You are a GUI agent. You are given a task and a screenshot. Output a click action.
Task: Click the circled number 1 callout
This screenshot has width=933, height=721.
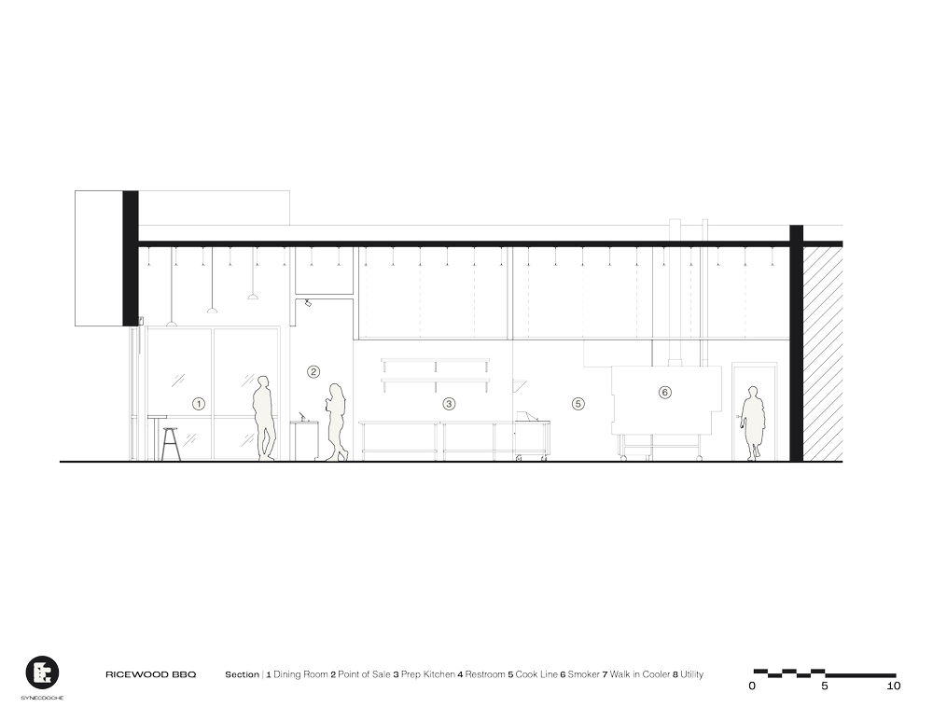(198, 404)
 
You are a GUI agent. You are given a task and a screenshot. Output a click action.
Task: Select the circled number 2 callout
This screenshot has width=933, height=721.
(313, 372)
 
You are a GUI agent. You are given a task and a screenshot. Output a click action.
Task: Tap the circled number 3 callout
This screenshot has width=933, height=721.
(449, 404)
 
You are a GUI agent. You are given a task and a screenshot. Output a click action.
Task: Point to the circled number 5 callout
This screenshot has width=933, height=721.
(578, 404)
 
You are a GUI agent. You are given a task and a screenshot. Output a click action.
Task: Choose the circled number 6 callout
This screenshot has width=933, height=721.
(663, 393)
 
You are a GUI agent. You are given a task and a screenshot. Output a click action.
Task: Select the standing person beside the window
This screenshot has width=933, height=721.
(264, 418)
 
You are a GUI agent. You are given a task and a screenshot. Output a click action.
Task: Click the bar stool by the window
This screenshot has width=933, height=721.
(171, 439)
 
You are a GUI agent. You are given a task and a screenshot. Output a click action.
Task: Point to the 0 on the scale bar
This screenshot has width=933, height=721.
(752, 686)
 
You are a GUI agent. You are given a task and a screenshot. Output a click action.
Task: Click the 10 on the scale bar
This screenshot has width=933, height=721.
(894, 686)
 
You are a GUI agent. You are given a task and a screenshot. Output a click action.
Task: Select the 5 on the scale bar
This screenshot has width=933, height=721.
(824, 686)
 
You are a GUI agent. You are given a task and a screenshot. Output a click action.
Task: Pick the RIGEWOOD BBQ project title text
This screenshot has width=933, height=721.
(149, 673)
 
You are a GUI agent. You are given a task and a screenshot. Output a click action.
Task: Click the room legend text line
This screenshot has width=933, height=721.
(463, 673)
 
